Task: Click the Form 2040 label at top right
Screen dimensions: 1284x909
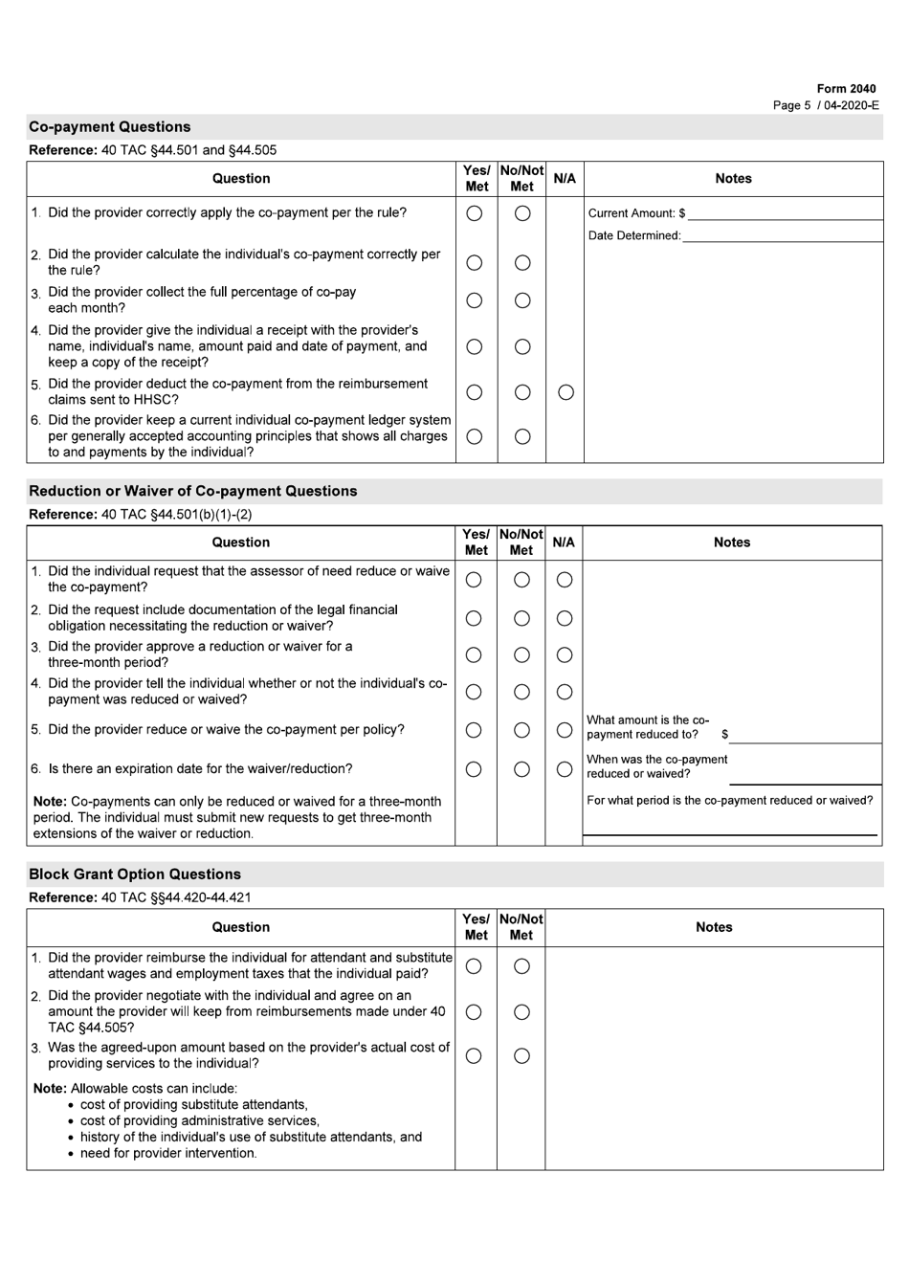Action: coord(846,89)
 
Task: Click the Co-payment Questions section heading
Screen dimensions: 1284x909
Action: coord(110,127)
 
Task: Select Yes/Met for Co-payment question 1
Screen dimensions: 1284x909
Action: coord(475,214)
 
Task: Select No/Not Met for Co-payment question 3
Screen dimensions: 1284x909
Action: coord(522,300)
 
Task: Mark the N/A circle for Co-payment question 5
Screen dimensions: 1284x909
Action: coord(565,392)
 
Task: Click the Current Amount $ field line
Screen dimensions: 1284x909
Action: coord(785,213)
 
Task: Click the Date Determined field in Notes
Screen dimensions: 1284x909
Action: coord(782,235)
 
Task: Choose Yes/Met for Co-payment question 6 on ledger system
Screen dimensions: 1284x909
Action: coord(475,437)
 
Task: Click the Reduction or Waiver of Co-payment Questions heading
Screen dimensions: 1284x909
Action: coord(193,492)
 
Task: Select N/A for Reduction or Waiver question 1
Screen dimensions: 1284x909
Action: coord(565,580)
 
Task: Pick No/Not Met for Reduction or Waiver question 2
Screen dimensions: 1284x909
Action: coord(521,619)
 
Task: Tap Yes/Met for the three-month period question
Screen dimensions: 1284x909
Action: coord(474,655)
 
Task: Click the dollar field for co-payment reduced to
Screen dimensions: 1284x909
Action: coord(804,735)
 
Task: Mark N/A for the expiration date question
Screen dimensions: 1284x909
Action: coord(565,769)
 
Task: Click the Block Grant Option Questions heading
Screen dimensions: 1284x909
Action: coord(135,874)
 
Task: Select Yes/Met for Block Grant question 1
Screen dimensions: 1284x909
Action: coord(474,967)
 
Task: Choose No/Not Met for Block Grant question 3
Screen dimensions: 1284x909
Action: coord(521,1056)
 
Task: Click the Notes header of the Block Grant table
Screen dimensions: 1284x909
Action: coord(714,928)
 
